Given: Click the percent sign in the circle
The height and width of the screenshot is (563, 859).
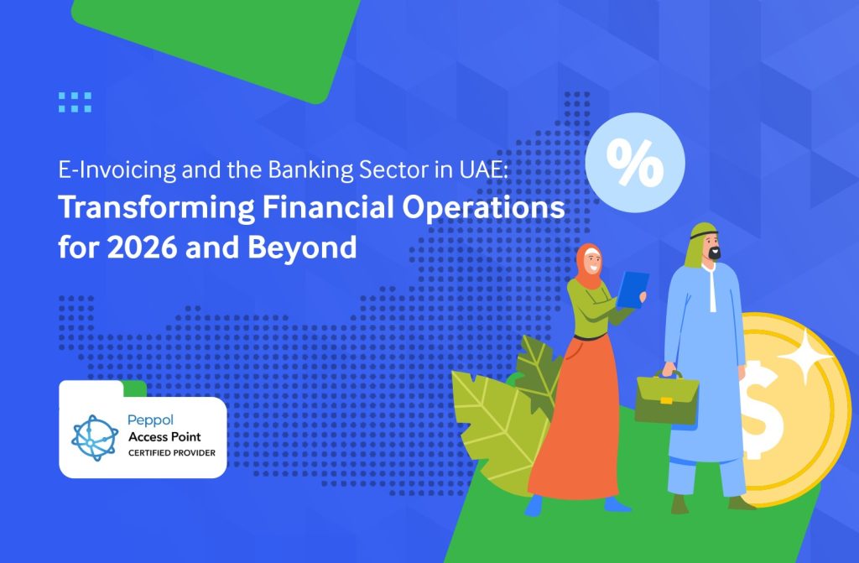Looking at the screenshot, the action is (x=635, y=163).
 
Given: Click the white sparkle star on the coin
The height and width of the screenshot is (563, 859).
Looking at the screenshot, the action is (x=804, y=356).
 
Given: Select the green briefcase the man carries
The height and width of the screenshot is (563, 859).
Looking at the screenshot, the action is (x=667, y=398).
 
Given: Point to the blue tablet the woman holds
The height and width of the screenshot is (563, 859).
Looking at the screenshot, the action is (x=633, y=289).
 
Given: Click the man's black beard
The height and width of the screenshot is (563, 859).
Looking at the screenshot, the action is (x=713, y=253).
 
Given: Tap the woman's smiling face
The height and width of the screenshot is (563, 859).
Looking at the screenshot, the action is (x=591, y=261).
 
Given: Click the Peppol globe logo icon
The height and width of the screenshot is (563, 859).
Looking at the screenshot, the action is (x=95, y=437).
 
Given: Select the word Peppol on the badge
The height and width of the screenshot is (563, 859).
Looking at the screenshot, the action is (x=150, y=420).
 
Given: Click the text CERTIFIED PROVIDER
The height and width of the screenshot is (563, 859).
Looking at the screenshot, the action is (x=172, y=453).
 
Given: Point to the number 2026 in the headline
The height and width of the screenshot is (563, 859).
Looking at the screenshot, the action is (x=142, y=247).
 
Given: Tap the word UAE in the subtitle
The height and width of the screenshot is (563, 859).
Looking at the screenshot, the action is (x=482, y=170).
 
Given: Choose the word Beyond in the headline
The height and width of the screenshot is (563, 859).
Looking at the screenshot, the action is (x=302, y=248).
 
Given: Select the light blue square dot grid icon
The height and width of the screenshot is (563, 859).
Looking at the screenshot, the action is (x=75, y=102).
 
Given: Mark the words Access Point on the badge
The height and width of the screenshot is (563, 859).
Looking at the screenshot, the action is (x=164, y=437).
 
